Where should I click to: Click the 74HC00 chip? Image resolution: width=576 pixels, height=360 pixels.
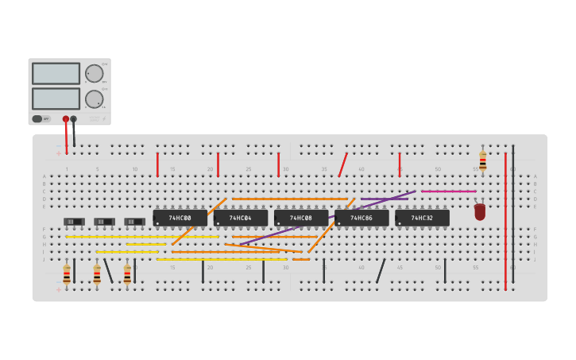tap(180, 217)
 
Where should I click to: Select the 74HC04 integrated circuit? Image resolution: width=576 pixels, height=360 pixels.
tap(240, 217)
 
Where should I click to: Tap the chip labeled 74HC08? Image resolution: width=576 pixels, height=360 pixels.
tap(300, 217)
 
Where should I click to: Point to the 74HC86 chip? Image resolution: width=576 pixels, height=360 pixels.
tap(361, 217)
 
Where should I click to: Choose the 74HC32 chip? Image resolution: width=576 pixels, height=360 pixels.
tap(422, 217)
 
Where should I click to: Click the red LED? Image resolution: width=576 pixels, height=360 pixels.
tap(480, 211)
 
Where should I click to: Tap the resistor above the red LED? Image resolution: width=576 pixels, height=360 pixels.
tap(482, 161)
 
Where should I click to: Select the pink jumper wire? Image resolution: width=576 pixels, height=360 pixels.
tap(449, 192)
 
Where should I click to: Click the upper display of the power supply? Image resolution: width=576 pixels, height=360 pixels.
tap(56, 73)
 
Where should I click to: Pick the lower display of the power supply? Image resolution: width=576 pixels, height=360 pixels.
tap(56, 99)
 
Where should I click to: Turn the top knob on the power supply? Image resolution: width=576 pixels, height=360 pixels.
tap(95, 73)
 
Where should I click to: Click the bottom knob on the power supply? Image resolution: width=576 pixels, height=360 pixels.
tap(95, 99)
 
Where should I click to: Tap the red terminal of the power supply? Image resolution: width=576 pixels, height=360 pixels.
tap(66, 119)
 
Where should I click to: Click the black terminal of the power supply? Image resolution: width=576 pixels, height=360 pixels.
tap(74, 119)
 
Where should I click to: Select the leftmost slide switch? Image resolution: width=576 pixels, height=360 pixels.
tap(74, 222)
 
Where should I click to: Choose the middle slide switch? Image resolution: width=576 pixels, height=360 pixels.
tap(104, 222)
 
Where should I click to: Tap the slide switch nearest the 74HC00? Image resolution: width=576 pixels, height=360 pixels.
tap(134, 222)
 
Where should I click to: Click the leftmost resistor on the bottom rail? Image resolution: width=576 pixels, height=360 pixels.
tap(67, 274)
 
